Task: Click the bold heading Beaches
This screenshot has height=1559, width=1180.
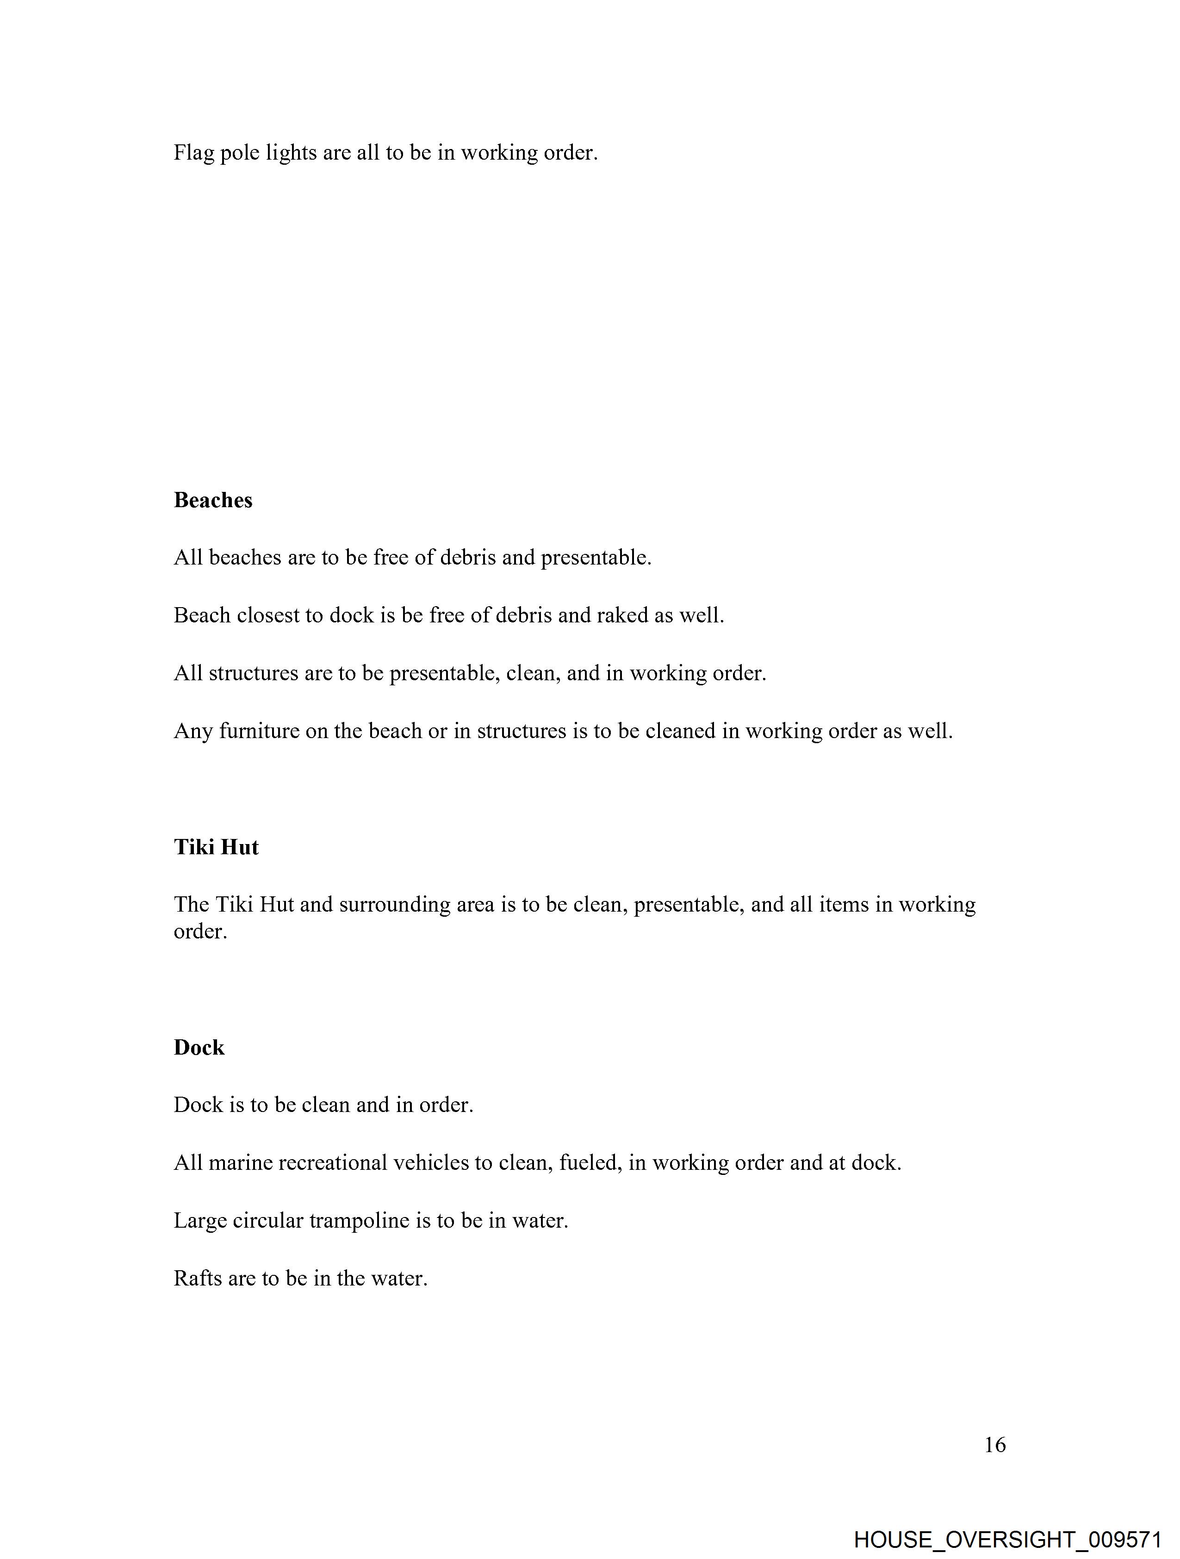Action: click(x=213, y=500)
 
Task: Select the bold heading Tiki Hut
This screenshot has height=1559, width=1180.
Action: click(x=216, y=847)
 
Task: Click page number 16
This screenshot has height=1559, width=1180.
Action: click(x=994, y=1446)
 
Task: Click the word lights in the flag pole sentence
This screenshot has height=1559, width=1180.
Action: click(x=291, y=153)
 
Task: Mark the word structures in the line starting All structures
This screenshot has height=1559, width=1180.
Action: click(x=253, y=674)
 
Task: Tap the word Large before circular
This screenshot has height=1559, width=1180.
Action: click(x=199, y=1221)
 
